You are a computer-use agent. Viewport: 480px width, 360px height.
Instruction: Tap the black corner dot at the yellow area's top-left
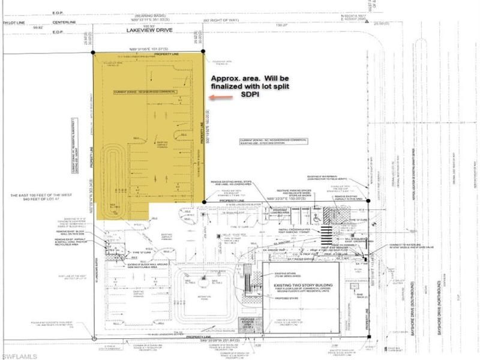pyautogui.click(x=94, y=52)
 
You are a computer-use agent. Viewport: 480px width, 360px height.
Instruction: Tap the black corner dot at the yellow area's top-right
pyautogui.click(x=203, y=52)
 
